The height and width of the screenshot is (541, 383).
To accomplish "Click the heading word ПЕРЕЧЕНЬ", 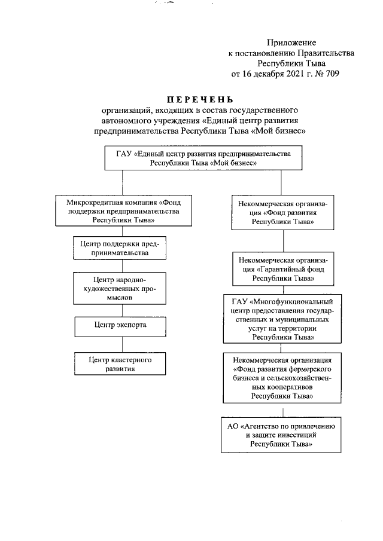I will click(x=200, y=99).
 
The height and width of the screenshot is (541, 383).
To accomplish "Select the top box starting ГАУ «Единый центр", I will click(x=204, y=158).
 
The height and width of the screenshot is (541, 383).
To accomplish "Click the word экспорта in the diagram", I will click(x=130, y=325).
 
